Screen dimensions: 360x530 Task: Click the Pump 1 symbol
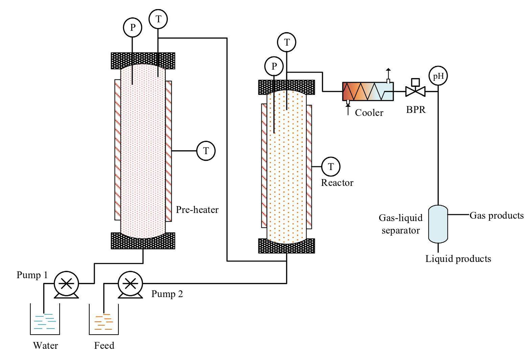pyautogui.click(x=66, y=283)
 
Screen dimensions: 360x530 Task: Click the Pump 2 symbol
pyautogui.click(x=130, y=283)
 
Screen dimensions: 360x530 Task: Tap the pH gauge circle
pyautogui.click(x=438, y=76)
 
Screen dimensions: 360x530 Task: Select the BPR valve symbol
pyautogui.click(x=415, y=91)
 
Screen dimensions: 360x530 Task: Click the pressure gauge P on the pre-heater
pyautogui.click(x=132, y=28)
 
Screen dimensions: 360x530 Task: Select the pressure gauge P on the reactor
pyautogui.click(x=274, y=66)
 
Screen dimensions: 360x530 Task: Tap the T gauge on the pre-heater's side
pyautogui.click(x=206, y=150)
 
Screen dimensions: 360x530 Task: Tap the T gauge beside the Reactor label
pyautogui.click(x=331, y=166)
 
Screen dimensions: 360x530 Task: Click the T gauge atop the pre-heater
pyautogui.click(x=158, y=19)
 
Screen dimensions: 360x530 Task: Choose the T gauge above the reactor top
pyautogui.click(x=287, y=42)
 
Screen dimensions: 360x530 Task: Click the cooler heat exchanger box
pyautogui.click(x=368, y=91)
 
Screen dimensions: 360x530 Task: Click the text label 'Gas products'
pyautogui.click(x=497, y=215)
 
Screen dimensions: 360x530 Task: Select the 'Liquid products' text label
pyautogui.click(x=458, y=259)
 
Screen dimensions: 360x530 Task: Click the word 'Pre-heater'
pyautogui.click(x=197, y=210)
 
